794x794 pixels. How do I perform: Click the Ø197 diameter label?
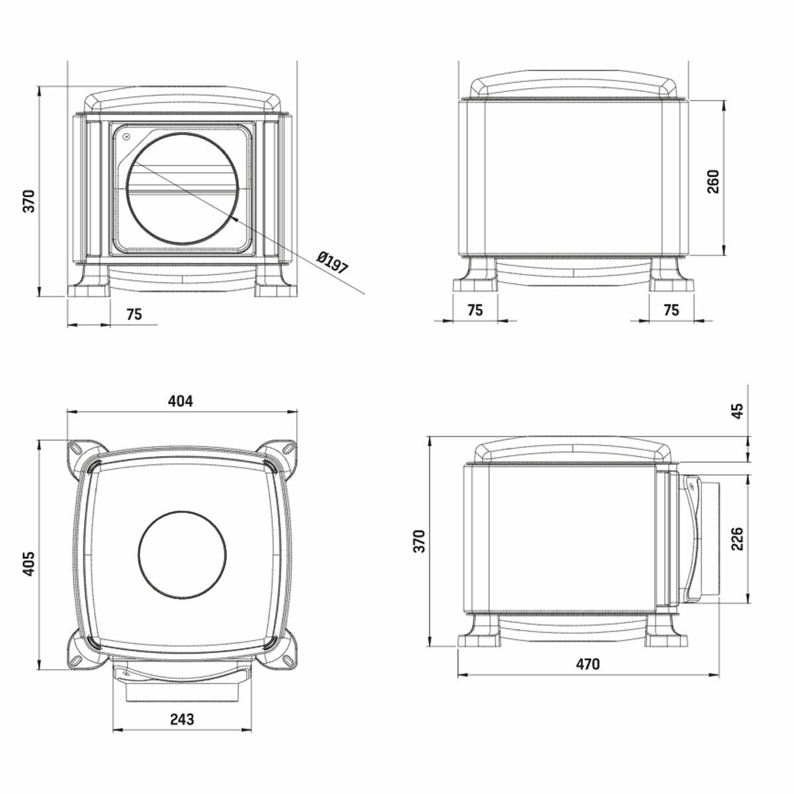pos(332,263)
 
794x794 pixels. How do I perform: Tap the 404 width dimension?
pos(180,401)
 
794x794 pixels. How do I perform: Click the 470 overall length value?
pos(587,664)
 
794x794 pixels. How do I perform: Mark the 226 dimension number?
pos(738,539)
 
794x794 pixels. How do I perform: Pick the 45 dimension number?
pos(738,412)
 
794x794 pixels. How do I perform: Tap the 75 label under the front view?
pos(134,314)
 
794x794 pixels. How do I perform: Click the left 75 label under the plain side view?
pos(475,310)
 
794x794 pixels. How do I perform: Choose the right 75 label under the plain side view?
pos(671,310)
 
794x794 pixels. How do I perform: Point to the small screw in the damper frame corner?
pos(125,137)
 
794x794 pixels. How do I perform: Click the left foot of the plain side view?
pos(475,277)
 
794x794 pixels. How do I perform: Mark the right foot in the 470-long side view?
pos(668,632)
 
